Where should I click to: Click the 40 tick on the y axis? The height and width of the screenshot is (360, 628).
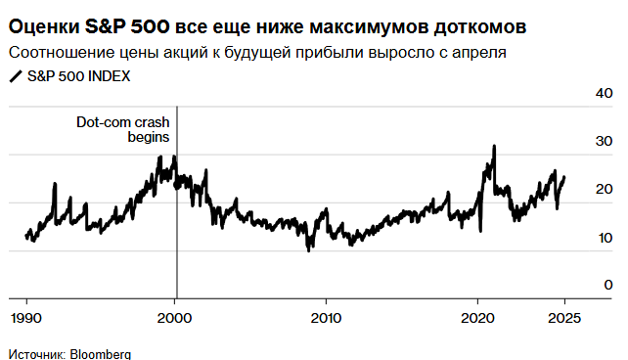click(604, 94)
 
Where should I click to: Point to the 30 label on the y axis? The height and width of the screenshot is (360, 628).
click(604, 142)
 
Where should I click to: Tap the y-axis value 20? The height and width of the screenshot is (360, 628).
click(604, 190)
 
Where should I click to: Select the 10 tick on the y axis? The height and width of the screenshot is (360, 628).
click(604, 238)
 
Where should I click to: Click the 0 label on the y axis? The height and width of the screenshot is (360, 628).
click(607, 285)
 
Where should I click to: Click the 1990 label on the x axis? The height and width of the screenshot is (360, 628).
click(24, 317)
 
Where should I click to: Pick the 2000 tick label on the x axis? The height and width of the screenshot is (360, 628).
click(175, 317)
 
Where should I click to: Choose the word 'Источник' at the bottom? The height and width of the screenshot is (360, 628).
click(34, 353)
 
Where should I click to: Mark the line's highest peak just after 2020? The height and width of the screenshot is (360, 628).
click(494, 146)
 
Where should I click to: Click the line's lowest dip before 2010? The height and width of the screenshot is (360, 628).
click(310, 250)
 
